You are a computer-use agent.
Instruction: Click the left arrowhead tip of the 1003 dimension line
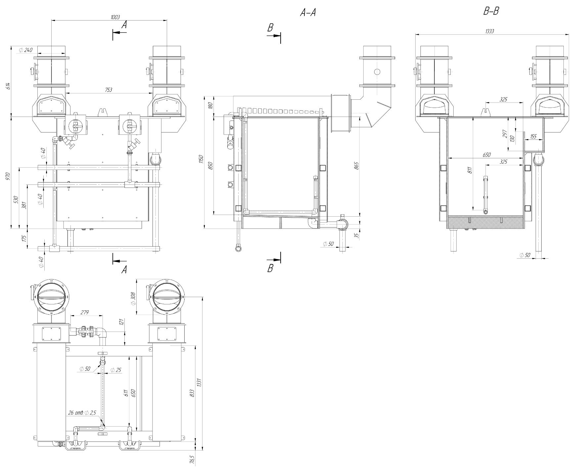52,20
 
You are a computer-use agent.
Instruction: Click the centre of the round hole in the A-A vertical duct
377,72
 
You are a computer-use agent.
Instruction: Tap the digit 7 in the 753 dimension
107,90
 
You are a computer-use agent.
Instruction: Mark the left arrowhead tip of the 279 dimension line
70,315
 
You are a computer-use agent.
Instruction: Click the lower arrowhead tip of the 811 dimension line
473,210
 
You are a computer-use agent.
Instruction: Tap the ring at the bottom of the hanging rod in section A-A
238,248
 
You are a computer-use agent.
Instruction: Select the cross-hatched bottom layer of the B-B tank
485,222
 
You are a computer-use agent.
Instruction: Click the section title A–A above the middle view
308,13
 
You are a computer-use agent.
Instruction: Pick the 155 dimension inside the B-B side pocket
533,136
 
